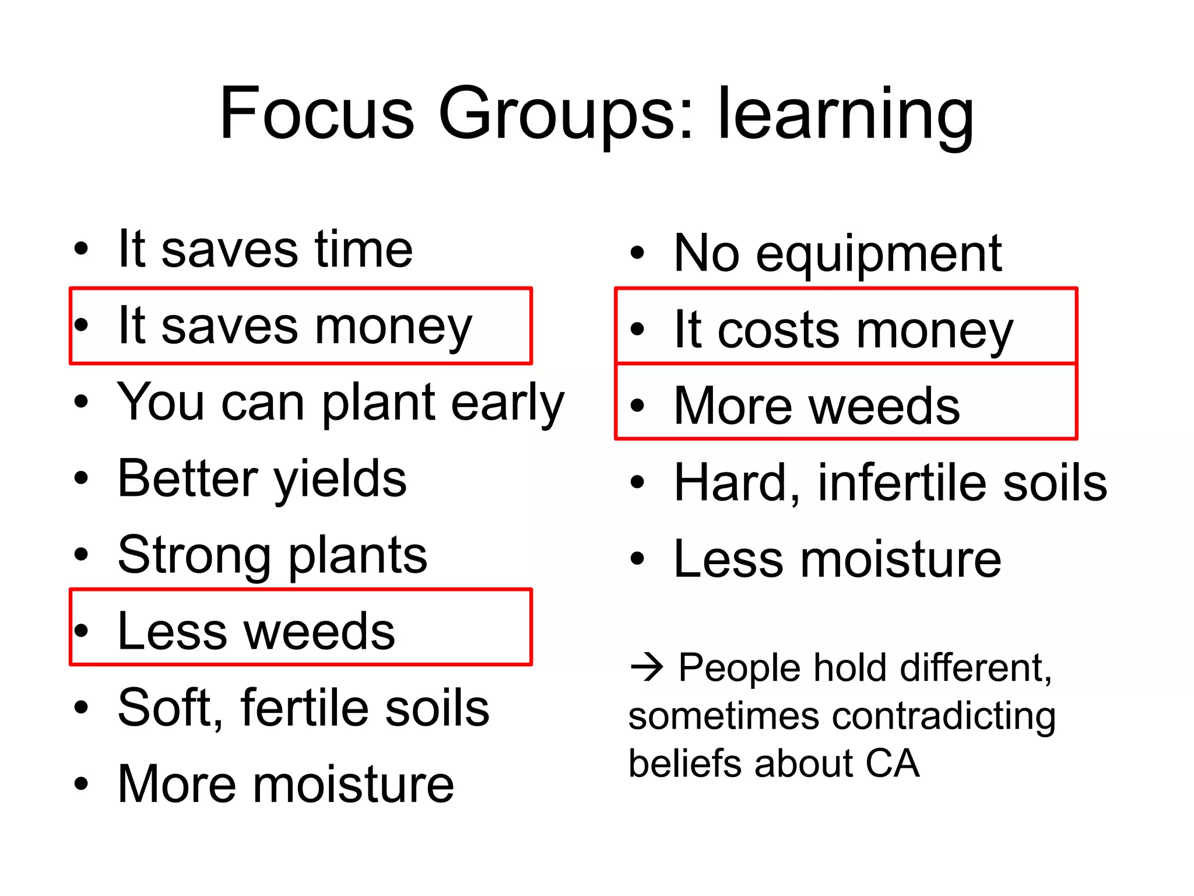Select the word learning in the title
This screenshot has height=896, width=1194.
[x=845, y=116]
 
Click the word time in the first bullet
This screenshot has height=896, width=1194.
[x=364, y=249]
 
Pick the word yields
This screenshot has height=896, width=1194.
[x=340, y=480]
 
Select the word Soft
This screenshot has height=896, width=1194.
[x=170, y=708]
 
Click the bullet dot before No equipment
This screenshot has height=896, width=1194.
[x=637, y=253]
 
